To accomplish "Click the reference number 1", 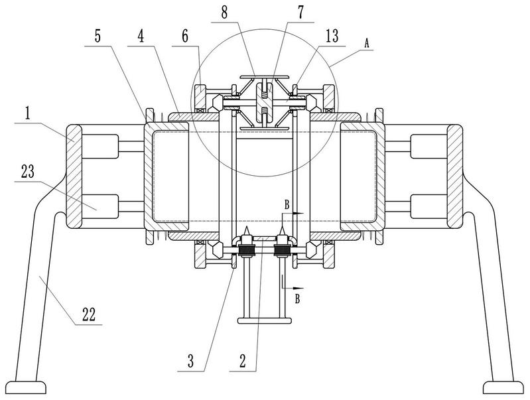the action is tap(27, 114).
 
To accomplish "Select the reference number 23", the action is tap(28, 172).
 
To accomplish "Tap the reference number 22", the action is tap(89, 315).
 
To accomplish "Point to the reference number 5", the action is tap(98, 36).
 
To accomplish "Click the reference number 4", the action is tap(141, 36).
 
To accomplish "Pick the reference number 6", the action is tap(185, 36).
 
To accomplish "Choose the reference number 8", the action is tap(224, 13).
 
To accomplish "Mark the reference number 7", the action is tap(300, 13).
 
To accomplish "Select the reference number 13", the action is tap(332, 36).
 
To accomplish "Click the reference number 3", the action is tap(190, 362).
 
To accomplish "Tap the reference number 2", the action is tap(242, 362).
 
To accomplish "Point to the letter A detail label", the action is tap(367, 43).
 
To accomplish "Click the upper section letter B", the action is tap(287, 205).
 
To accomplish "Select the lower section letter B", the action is tap(297, 299).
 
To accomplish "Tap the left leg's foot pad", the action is tap(27, 387).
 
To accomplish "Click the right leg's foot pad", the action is tap(503, 387).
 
